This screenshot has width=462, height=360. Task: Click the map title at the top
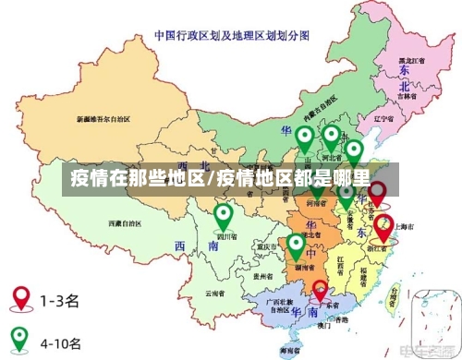[x=231, y=38]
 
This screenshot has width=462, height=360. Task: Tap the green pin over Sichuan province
[x=223, y=217]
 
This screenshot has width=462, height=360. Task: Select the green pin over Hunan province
[x=296, y=246]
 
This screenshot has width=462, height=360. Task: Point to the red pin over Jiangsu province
[x=377, y=193]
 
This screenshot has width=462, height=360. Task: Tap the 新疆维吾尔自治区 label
[x=103, y=119]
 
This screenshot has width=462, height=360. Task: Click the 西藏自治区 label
[x=125, y=223]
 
